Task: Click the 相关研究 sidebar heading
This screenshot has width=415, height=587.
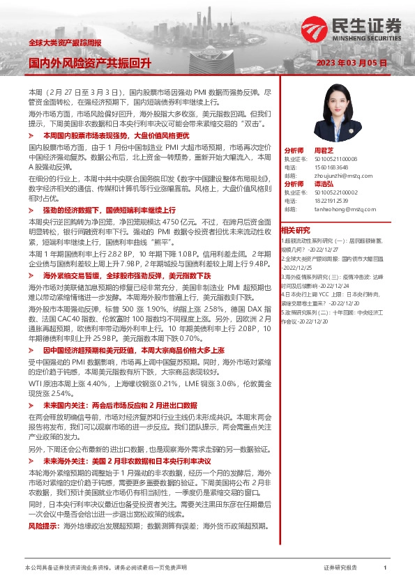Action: pos(295,229)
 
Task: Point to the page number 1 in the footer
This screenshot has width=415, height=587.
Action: pos(385,568)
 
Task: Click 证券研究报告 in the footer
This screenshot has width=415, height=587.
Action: pos(340,568)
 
